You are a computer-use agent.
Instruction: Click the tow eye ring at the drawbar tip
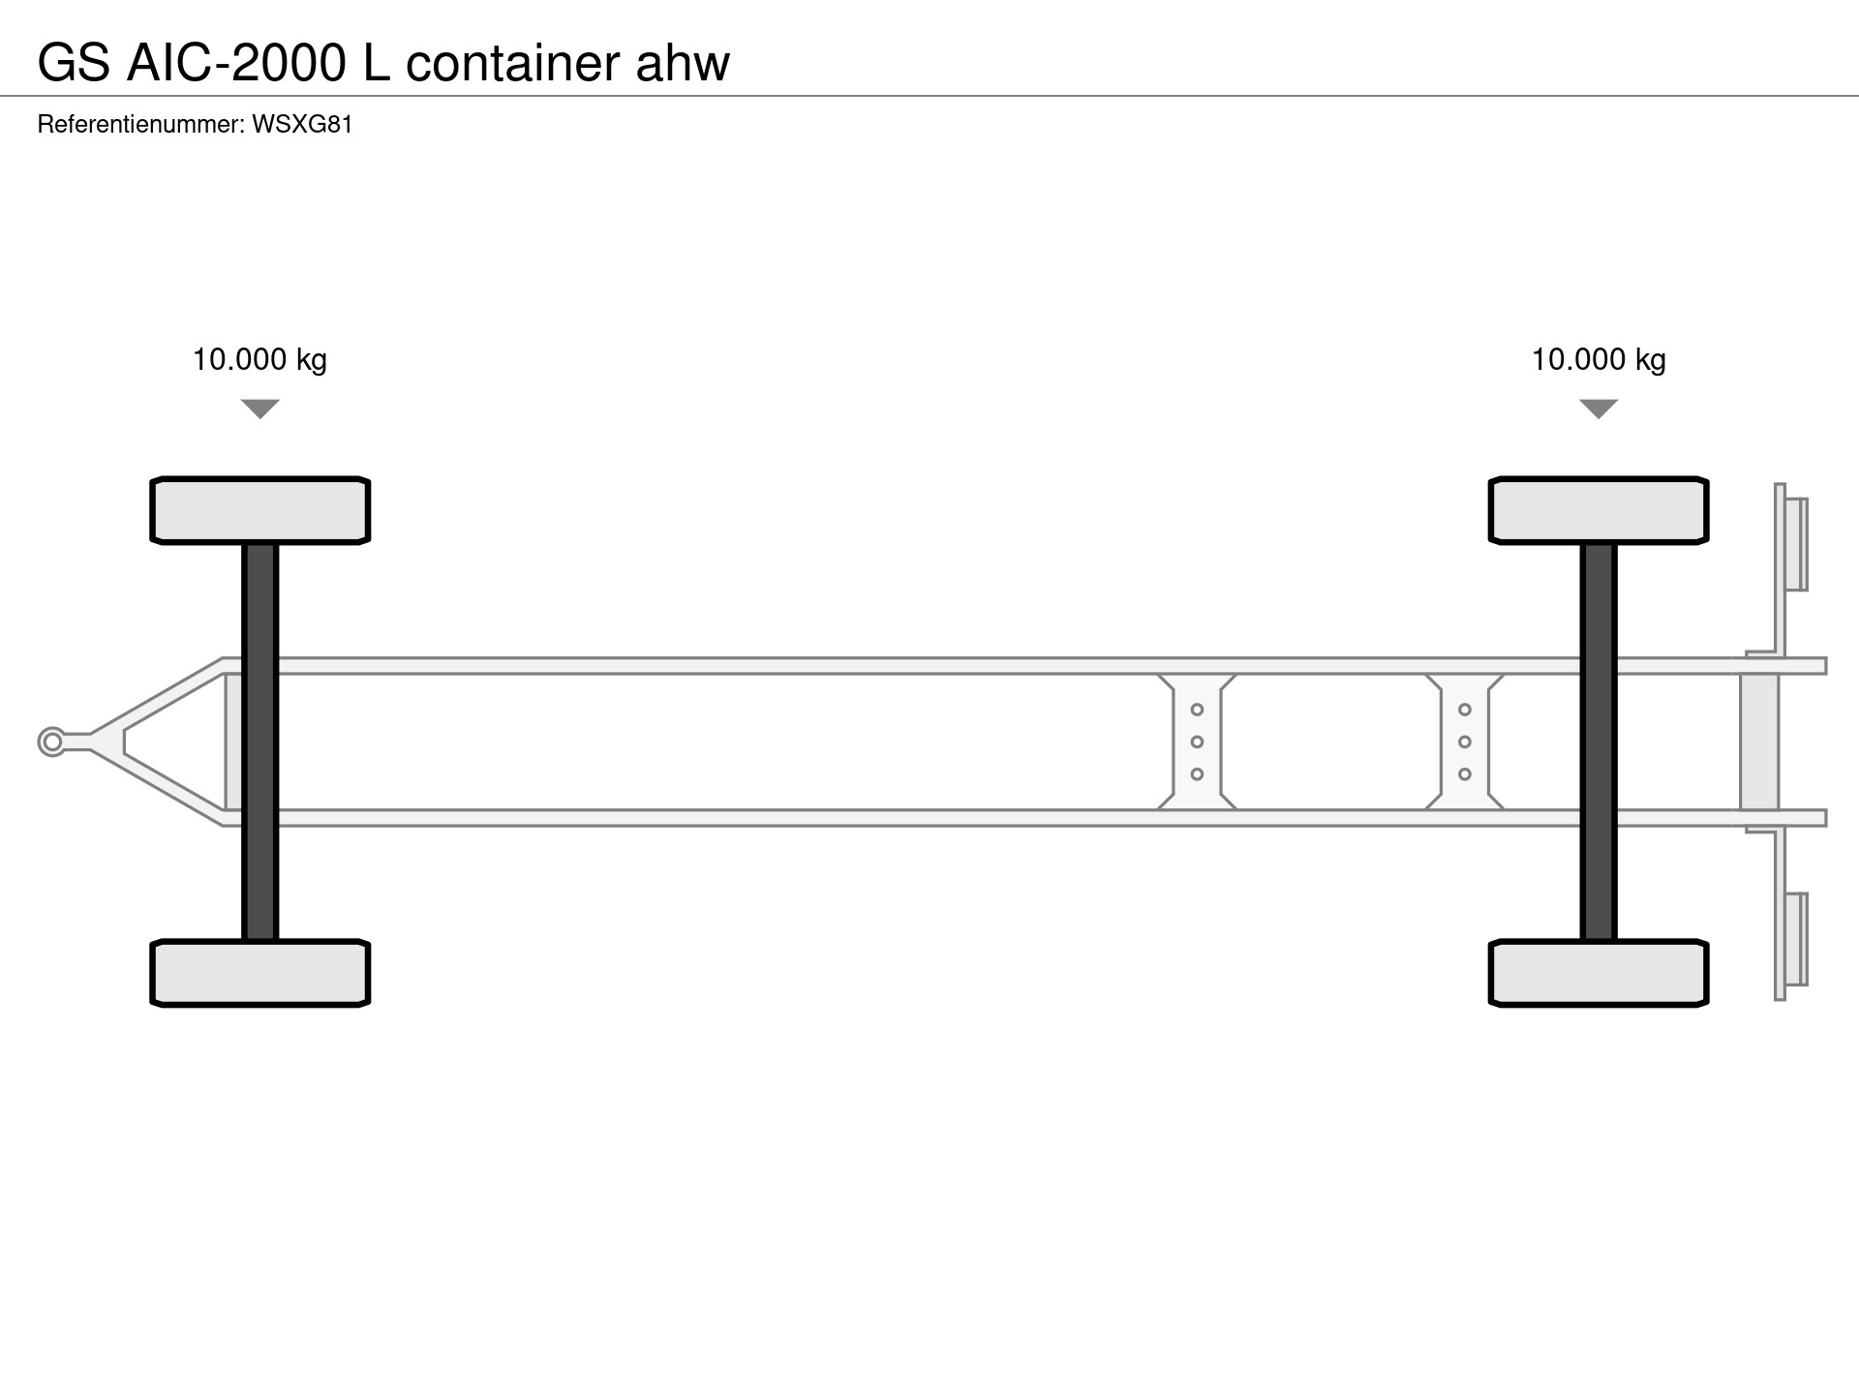(x=52, y=742)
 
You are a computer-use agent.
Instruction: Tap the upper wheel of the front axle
(x=260, y=510)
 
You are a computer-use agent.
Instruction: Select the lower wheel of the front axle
(x=260, y=973)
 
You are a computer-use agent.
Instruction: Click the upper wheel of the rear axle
(x=1599, y=510)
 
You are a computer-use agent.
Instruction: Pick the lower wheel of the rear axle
(x=1599, y=973)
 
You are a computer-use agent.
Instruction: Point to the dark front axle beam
(x=260, y=742)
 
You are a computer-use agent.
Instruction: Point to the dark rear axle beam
(x=1599, y=742)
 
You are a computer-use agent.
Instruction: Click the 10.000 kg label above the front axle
(x=259, y=360)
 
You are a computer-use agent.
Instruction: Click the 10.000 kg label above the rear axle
(x=1599, y=360)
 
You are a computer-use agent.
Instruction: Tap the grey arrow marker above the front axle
(x=260, y=408)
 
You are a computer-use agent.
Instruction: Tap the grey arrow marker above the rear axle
(x=1599, y=408)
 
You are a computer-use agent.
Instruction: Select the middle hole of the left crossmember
(x=1197, y=742)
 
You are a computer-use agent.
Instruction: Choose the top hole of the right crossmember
(x=1465, y=710)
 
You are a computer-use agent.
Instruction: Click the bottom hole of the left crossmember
(x=1197, y=774)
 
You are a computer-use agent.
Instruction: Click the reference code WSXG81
(x=302, y=125)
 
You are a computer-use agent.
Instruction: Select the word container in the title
(x=513, y=64)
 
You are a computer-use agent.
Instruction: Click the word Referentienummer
(x=140, y=125)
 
